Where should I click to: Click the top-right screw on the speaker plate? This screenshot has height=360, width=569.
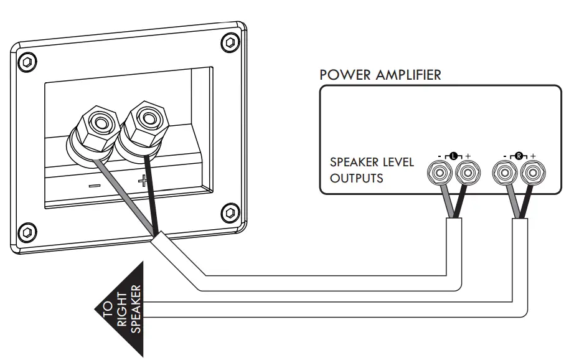pos(229,42)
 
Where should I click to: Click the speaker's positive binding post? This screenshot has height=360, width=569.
pos(147,118)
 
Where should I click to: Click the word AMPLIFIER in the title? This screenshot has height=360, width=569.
pos(408,75)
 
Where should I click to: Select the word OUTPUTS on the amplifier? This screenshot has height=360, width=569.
pos(356,178)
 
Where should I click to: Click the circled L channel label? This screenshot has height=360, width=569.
pos(453,154)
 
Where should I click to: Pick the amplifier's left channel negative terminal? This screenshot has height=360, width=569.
pos(440,171)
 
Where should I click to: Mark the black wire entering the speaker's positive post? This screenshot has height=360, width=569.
pos(150,187)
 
